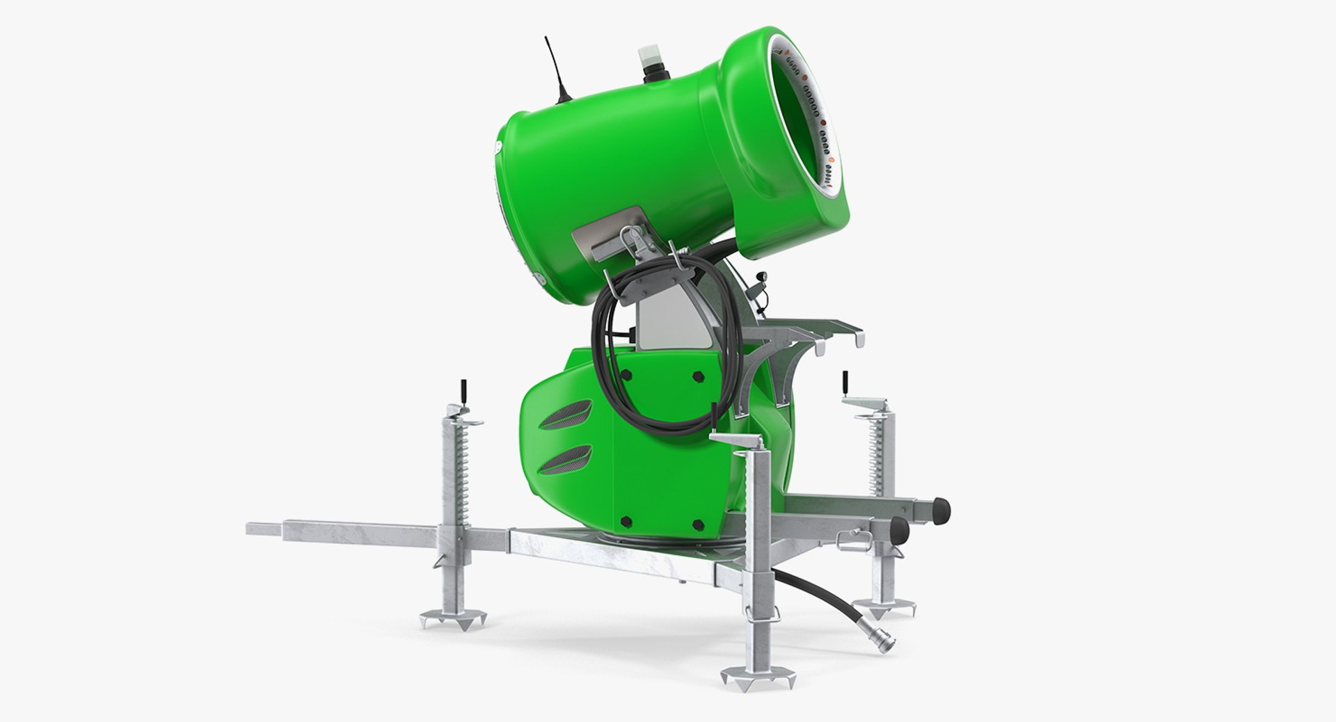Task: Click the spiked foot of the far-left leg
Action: point(453,618)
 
